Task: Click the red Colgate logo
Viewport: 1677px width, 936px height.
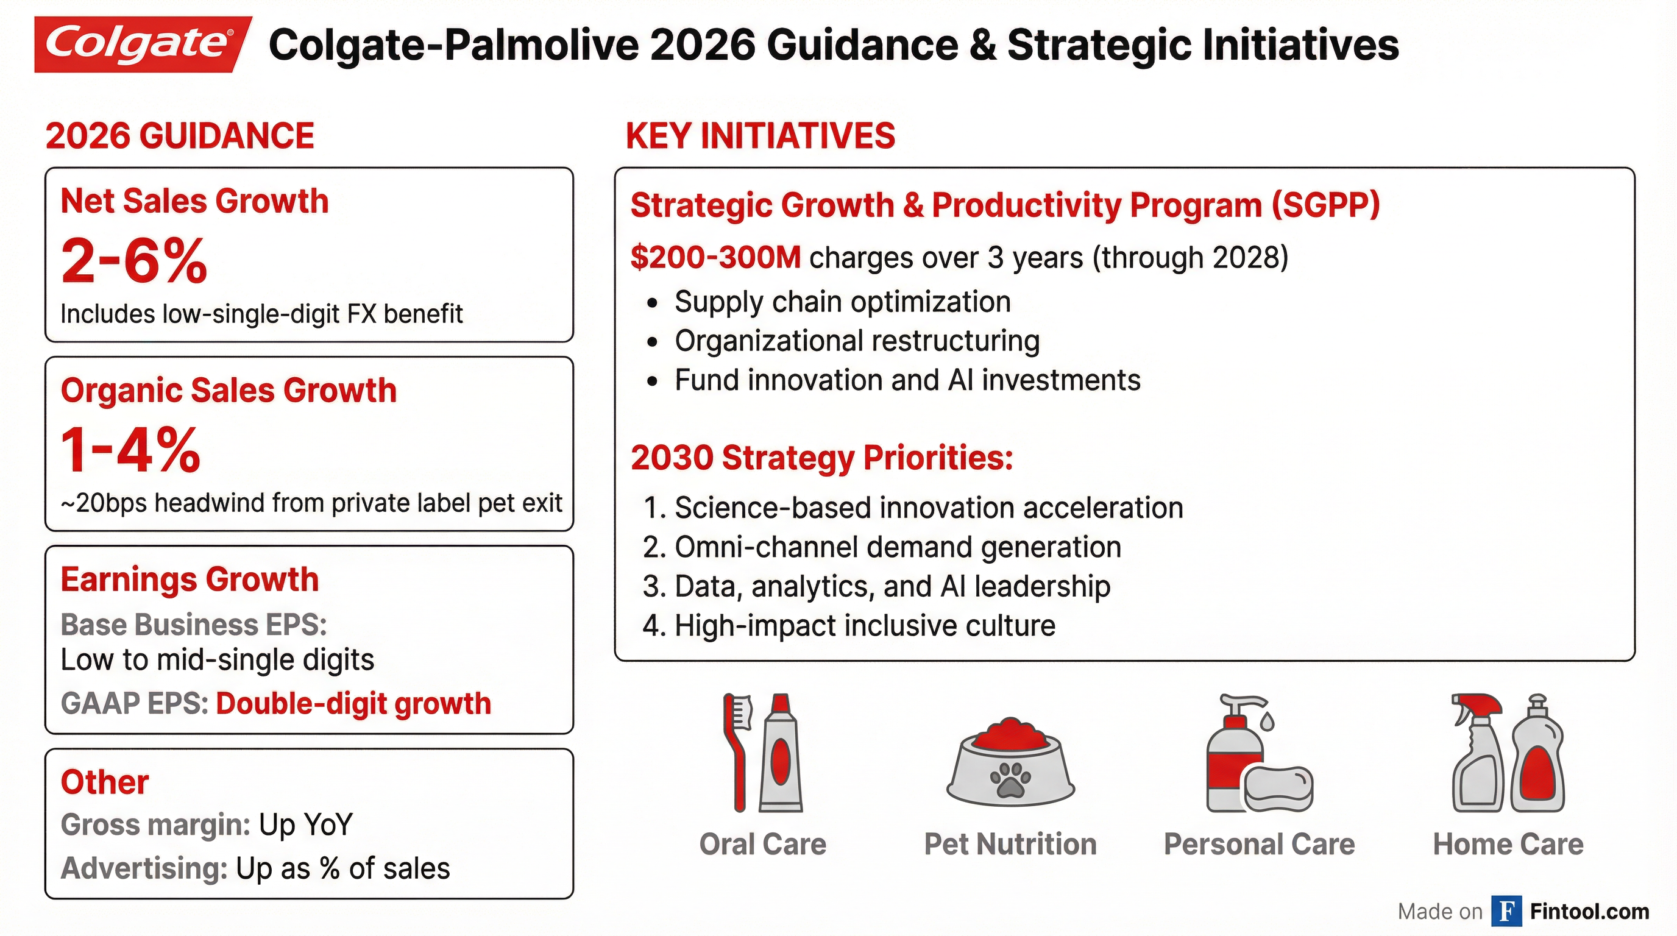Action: click(141, 44)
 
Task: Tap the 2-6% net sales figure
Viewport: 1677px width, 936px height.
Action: click(133, 261)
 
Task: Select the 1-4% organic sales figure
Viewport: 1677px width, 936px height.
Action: click(130, 450)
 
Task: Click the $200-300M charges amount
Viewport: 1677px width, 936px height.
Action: click(715, 258)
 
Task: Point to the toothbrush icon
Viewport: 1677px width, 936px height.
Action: click(738, 752)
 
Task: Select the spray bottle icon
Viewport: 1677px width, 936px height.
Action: click(1476, 752)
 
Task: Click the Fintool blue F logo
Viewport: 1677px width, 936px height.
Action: click(1506, 911)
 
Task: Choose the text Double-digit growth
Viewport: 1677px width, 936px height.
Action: click(353, 704)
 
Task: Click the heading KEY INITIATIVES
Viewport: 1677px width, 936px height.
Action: click(760, 136)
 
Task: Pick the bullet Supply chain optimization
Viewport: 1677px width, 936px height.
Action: click(842, 302)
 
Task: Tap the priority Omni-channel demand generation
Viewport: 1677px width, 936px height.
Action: click(897, 547)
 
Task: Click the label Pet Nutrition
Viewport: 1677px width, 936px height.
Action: click(1010, 844)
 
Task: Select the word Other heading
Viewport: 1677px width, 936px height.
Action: click(105, 782)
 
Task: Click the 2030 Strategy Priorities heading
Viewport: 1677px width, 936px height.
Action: click(821, 458)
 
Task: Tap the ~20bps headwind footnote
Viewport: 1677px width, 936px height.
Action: click(311, 503)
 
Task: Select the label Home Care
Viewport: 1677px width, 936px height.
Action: click(1508, 844)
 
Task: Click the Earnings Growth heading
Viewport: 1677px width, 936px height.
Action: click(190, 580)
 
